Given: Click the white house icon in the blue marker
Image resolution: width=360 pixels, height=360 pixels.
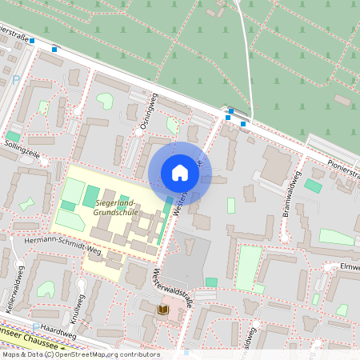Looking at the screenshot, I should (x=180, y=173).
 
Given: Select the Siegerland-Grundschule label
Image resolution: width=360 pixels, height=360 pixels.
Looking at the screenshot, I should (x=118, y=208).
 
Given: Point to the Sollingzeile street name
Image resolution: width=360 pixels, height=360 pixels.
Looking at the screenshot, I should (x=22, y=146).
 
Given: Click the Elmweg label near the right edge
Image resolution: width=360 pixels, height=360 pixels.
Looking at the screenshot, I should (x=350, y=266).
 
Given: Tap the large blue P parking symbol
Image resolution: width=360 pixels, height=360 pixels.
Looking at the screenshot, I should (x=16, y=80).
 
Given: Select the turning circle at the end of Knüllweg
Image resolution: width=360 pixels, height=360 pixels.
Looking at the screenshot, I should (x=80, y=283).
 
